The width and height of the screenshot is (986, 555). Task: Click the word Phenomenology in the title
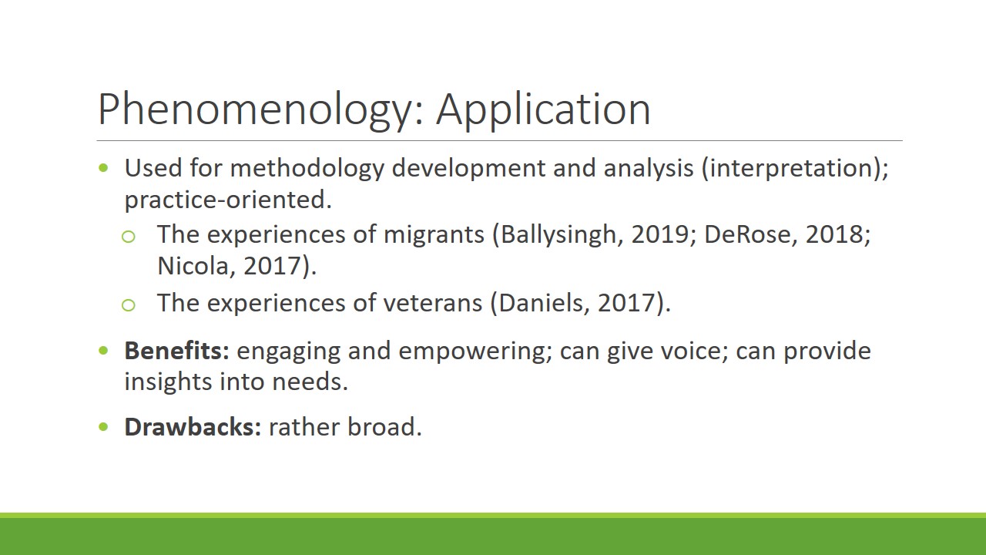(x=255, y=110)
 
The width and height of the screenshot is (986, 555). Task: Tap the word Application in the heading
(x=543, y=110)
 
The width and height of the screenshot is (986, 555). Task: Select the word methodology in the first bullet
(x=307, y=169)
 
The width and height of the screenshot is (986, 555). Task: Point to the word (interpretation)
(x=795, y=169)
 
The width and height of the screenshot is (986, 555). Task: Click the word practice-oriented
(x=228, y=200)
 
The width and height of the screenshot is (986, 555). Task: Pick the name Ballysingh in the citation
(x=558, y=235)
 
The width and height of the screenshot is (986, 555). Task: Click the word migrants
(x=434, y=234)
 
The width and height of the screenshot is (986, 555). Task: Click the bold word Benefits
(x=177, y=351)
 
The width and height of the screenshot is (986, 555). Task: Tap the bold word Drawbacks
(x=193, y=427)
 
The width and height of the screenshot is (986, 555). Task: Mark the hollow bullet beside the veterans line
(x=128, y=304)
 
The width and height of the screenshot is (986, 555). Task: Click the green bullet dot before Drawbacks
(x=103, y=426)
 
